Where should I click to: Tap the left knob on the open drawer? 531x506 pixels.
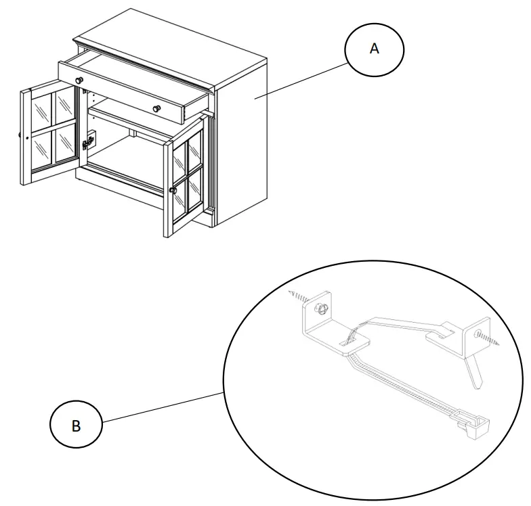point(79,80)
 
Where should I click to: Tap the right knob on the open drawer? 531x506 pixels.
point(156,109)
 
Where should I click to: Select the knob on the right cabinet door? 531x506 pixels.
point(173,191)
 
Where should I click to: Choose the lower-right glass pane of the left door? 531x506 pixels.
point(66,147)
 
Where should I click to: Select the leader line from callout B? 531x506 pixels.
point(163,409)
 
